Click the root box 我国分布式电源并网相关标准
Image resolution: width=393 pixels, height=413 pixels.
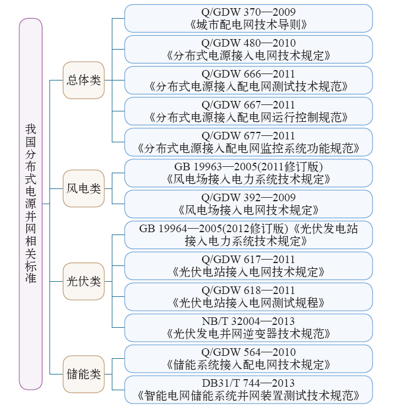click(31, 204)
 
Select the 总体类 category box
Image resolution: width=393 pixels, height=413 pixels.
click(84, 80)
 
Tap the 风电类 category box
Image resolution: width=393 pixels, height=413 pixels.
click(84, 188)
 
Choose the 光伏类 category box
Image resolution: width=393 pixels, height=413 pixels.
click(84, 281)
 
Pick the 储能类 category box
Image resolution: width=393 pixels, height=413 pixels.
click(84, 373)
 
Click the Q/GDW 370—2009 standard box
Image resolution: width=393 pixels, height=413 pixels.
click(249, 19)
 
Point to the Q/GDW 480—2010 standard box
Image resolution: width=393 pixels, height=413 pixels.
click(249, 50)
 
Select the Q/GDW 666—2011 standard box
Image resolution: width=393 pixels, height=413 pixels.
click(249, 80)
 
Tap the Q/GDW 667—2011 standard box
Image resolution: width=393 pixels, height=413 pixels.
click(249, 111)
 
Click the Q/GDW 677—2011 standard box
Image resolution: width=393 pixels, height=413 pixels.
click(249, 142)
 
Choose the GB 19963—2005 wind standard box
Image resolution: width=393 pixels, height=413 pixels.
click(249, 173)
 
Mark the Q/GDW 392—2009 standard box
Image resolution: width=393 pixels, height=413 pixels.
click(249, 204)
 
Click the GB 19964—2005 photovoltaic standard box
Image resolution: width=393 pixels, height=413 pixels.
click(249, 235)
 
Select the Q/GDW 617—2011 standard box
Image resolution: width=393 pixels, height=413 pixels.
click(249, 265)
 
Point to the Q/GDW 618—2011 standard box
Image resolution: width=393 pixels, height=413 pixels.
click(249, 296)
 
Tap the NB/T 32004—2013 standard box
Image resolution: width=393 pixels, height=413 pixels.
click(249, 327)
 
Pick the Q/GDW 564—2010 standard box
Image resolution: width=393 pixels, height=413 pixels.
click(249, 358)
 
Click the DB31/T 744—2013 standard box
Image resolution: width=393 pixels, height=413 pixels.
click(249, 389)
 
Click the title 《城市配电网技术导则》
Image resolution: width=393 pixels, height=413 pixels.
click(249, 25)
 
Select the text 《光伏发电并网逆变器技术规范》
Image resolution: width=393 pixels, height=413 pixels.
click(249, 334)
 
